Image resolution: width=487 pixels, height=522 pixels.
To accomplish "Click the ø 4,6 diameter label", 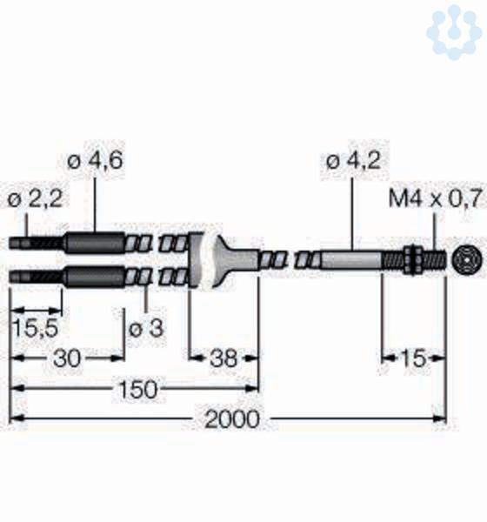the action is [x=95, y=162].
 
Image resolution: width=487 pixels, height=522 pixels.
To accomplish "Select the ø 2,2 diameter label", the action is [x=35, y=200].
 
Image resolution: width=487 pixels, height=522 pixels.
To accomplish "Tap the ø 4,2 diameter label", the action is [x=354, y=162].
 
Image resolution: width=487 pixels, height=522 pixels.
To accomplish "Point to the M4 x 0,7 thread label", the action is [x=436, y=198].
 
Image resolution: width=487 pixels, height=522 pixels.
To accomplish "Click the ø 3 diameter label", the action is [x=146, y=329].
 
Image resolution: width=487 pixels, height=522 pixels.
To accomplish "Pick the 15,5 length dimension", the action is [x=36, y=328].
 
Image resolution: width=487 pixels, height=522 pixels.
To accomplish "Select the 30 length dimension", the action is [x=67, y=358].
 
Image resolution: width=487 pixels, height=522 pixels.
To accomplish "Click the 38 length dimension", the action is [x=223, y=358].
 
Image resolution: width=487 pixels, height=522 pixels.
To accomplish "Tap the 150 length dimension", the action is [x=137, y=389].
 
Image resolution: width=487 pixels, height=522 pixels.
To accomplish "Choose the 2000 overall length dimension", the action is [x=231, y=418].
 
